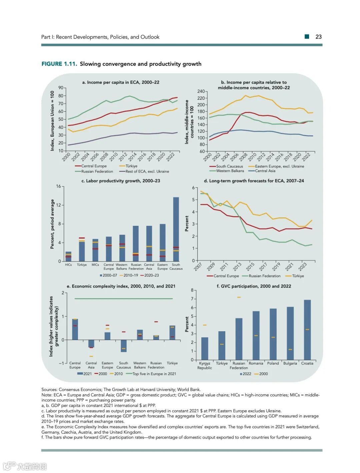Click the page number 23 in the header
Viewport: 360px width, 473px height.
coord(318,37)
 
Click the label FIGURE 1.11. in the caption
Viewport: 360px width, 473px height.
coord(59,64)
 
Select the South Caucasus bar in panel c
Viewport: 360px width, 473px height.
coord(176,229)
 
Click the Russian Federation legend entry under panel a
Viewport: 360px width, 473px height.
coord(97,171)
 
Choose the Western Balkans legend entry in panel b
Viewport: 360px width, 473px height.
coord(230,171)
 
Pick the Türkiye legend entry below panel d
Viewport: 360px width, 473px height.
coord(298,276)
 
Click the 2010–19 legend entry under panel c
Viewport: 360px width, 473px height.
coord(130,276)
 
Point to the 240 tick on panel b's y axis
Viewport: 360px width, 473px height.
coord(201,91)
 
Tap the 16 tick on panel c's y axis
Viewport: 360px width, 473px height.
coord(59,186)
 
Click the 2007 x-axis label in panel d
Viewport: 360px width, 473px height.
coord(198,267)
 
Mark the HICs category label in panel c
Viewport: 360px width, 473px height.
coord(68,265)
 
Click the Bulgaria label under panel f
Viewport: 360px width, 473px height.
coord(290,363)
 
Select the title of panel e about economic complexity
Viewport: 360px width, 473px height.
coord(123,286)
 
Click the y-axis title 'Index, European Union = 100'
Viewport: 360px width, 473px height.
coord(52,121)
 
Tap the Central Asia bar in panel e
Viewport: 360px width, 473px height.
coord(91,344)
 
